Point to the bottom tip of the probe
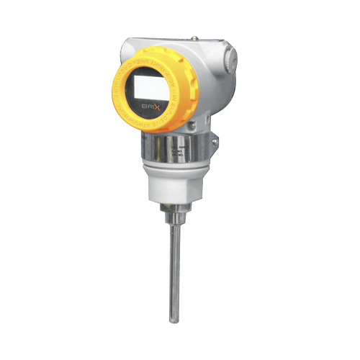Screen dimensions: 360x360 174,321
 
